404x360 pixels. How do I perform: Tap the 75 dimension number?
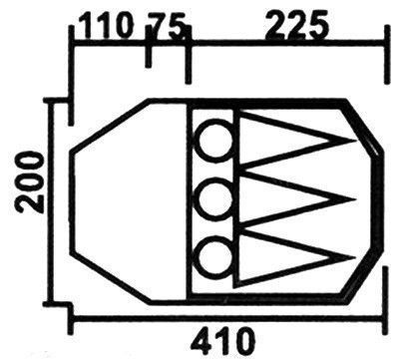(166, 25)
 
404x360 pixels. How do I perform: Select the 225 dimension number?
(296, 25)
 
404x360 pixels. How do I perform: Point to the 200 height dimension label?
(31, 181)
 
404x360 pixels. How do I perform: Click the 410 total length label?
(223, 340)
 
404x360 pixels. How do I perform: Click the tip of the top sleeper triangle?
(354, 142)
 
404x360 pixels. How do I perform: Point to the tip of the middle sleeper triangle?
(354, 199)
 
